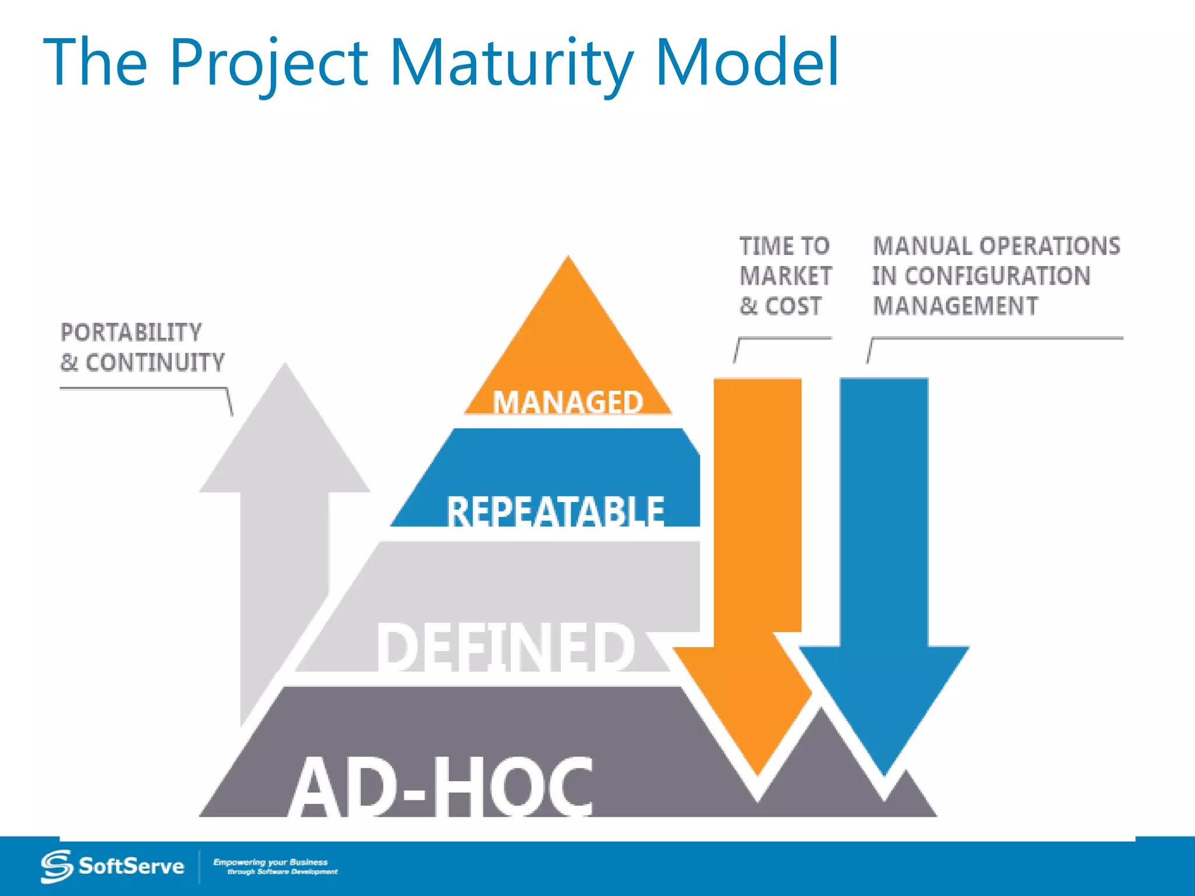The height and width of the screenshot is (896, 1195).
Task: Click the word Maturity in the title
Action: tap(511, 63)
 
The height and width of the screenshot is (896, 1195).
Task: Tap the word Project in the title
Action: tap(268, 63)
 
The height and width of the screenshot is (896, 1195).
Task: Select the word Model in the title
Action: tap(747, 63)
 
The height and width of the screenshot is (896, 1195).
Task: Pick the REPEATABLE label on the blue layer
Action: tap(555, 511)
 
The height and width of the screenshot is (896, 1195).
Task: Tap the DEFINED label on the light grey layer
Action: tap(505, 646)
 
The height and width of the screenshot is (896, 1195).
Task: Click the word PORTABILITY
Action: tap(131, 332)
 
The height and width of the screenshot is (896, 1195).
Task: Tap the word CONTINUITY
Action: tap(155, 363)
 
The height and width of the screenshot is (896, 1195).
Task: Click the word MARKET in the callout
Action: tap(785, 276)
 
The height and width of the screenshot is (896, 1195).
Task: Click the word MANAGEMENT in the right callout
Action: tap(955, 306)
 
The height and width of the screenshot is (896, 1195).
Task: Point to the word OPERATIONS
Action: tap(1050, 246)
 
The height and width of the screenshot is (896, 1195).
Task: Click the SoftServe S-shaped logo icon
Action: tap(57, 866)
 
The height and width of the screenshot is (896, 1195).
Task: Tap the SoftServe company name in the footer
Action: tap(131, 866)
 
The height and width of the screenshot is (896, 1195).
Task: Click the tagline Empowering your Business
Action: tap(270, 862)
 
